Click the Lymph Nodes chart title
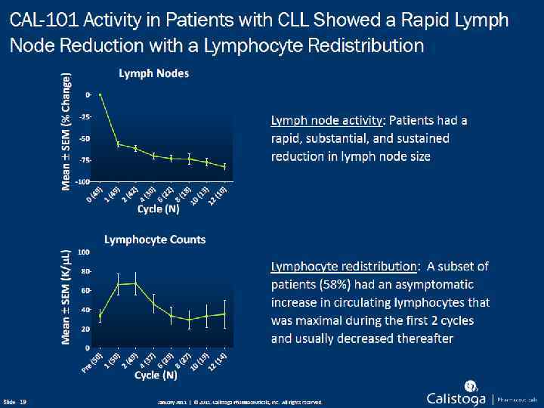(153, 73)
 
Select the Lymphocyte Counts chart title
(155, 240)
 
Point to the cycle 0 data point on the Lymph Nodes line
(100, 94)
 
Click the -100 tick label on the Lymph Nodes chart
(83, 182)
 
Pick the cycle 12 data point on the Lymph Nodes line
(224, 165)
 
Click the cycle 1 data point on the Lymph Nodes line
(118, 144)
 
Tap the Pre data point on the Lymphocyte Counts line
(100, 317)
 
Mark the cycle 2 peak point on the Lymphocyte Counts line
(135, 283)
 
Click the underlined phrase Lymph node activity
(327, 120)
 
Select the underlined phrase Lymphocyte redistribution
(344, 266)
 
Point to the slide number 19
(23, 401)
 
